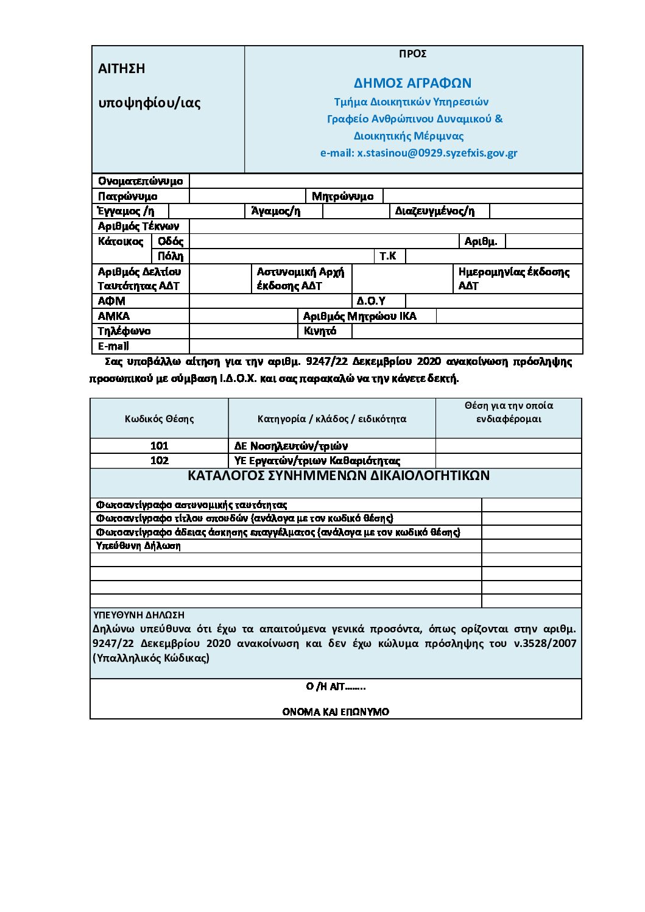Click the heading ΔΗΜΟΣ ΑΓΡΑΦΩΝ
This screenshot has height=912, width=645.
coord(412,83)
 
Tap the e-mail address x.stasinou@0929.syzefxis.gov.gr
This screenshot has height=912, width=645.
coord(437,153)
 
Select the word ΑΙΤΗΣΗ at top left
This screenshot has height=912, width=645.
coord(122,69)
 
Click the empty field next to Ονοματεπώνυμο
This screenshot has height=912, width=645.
coord(386,181)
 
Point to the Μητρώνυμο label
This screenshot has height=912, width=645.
coord(342,196)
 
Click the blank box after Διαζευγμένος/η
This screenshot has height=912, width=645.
coord(535,211)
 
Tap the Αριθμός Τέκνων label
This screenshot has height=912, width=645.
coord(139,226)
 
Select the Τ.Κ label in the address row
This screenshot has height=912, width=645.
coord(388,256)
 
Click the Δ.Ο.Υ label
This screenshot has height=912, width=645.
coord(371,301)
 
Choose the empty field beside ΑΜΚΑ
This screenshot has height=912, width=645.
coord(242,316)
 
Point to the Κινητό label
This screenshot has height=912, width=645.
coord(320,331)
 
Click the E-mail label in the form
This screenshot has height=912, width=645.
coord(113,346)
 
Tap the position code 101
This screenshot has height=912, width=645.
coord(159,446)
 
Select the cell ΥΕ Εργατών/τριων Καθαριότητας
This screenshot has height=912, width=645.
coord(317,461)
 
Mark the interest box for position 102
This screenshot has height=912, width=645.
coord(509,461)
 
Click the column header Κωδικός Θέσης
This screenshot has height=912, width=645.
coord(159,419)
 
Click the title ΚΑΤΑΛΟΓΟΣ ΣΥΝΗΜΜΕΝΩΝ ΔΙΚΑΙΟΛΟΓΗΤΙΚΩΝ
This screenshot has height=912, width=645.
coord(338,476)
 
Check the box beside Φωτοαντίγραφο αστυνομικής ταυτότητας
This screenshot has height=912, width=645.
coord(531,504)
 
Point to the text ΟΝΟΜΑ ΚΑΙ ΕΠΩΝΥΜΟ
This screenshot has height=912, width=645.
coord(336,712)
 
